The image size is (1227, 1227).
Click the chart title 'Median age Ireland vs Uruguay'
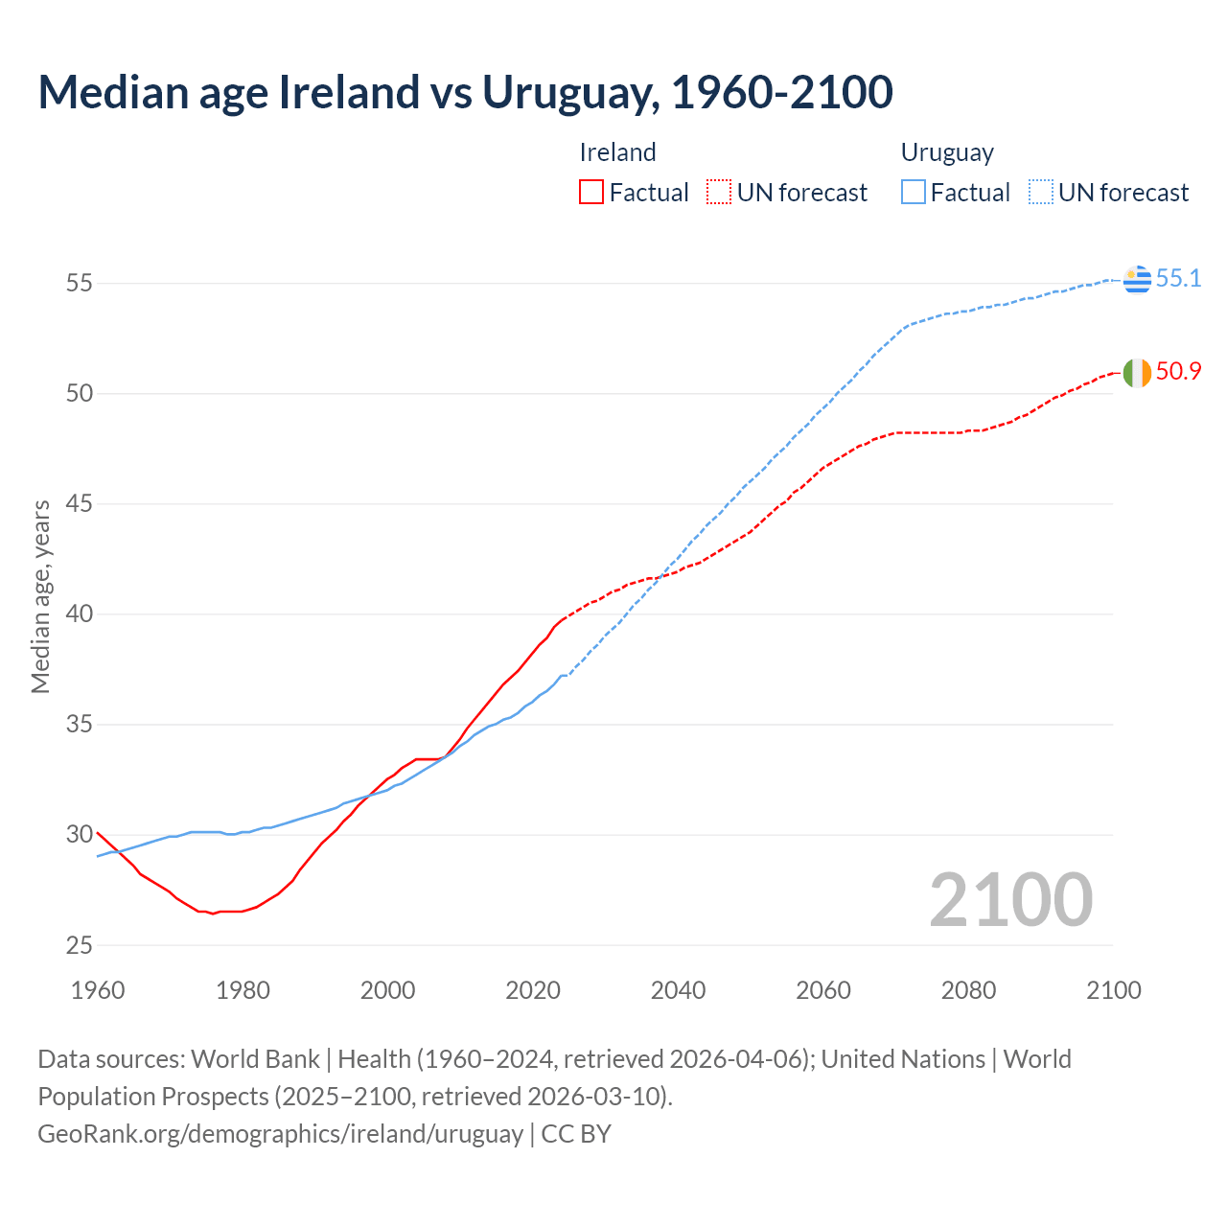pos(465,92)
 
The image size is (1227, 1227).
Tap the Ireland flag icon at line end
pos(1137,373)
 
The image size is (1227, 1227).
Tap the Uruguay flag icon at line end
pos(1137,279)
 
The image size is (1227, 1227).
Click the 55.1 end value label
pos(1178,279)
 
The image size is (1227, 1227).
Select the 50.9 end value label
pos(1178,372)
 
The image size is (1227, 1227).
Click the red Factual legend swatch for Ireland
pos(591,193)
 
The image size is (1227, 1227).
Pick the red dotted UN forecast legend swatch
pos(719,193)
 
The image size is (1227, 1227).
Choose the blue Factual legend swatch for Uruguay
pos(914,193)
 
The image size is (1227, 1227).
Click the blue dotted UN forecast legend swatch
pos(1041,193)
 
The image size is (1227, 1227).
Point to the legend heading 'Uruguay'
pos(947,153)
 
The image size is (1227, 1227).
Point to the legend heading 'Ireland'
pos(618,153)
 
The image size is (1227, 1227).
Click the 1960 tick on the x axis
pos(98,990)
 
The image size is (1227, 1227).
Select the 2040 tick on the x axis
pos(678,990)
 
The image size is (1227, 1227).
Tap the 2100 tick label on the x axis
pos(1113,990)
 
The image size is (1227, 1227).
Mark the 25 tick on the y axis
pos(80,945)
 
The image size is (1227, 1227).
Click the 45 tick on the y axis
pos(80,504)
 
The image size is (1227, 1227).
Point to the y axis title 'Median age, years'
pos(41,596)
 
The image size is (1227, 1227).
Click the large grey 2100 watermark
pos(1010,899)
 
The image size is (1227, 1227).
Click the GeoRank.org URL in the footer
pos(280,1134)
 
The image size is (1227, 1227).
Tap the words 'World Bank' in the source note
pos(255,1059)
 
